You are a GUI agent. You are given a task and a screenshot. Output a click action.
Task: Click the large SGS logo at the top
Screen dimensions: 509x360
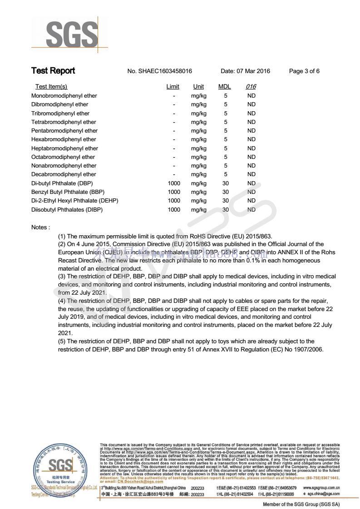coord(71,35)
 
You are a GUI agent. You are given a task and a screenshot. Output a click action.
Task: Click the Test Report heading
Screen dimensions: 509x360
coord(53,71)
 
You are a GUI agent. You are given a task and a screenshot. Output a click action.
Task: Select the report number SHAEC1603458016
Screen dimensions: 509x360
coord(159,71)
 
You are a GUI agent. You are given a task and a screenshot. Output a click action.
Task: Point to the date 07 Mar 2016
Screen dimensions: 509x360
coord(245,71)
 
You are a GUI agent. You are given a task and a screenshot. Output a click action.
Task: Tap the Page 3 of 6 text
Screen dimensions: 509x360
coord(304,71)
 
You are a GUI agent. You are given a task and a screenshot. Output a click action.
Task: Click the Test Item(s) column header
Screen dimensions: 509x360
coord(51,87)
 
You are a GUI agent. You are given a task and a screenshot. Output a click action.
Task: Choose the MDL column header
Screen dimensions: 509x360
coord(225,87)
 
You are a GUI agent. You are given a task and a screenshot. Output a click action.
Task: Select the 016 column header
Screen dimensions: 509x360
coord(251,87)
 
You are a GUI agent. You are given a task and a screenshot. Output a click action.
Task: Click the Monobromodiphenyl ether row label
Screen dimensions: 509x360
coord(64,96)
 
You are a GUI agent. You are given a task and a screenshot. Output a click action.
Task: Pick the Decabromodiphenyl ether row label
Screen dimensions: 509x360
coord(64,174)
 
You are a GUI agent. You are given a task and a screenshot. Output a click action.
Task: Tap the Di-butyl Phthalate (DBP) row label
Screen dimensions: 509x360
coord(62,183)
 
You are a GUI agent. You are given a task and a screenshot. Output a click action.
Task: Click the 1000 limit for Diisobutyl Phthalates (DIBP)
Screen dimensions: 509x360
coord(174,210)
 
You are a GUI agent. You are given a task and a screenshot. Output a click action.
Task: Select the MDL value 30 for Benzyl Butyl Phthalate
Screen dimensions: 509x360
coord(225,192)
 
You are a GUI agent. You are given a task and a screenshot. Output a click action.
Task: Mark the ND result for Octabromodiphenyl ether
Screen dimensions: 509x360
coord(251,157)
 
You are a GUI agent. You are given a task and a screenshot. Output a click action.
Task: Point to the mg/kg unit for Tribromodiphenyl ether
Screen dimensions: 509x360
coord(198,114)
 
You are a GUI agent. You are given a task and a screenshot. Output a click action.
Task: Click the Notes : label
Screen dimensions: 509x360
coord(40,227)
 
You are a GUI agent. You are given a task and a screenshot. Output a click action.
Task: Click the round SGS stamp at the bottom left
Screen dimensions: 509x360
coord(61,468)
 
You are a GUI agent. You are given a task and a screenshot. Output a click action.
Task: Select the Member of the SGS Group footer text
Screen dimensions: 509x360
coord(301,504)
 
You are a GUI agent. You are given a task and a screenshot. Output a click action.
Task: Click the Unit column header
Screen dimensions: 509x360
coord(198,87)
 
